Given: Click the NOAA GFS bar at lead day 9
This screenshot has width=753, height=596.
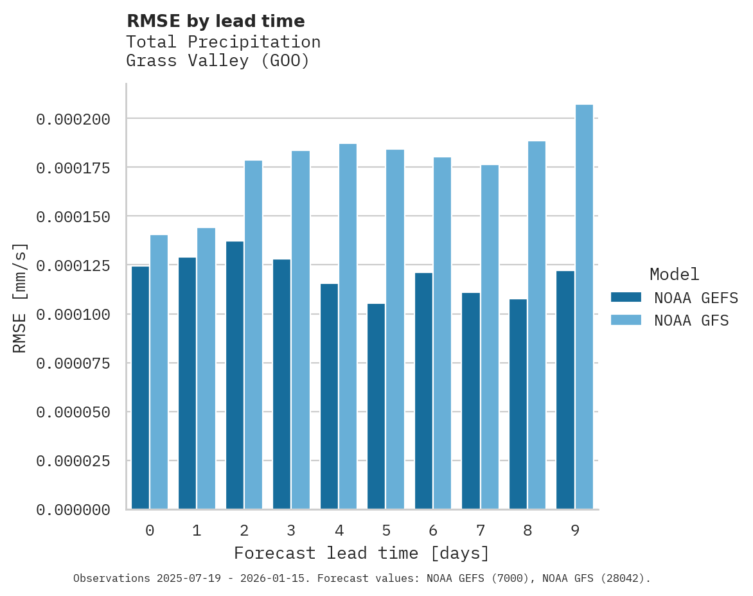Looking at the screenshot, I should coord(584,307).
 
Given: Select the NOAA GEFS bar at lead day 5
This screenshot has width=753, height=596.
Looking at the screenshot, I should coord(376,406).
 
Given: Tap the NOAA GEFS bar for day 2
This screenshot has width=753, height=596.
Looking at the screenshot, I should coord(235,375).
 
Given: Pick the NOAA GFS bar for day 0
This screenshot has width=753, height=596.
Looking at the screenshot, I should coord(159,372).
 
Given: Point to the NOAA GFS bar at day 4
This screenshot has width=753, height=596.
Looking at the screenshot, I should coord(348,326).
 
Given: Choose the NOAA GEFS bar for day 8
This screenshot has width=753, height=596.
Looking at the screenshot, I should coord(518,404).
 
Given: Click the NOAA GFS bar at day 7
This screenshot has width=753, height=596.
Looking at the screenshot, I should coord(490,337).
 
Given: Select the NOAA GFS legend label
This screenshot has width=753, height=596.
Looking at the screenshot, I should coord(691,320).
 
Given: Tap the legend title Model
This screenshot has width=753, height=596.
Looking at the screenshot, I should coord(674,275).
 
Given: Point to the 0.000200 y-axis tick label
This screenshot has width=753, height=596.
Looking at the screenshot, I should coord(73,119).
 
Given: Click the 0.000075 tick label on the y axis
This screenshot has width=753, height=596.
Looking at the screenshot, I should coord(73,364).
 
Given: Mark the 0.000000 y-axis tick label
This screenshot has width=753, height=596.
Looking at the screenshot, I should coord(73,510).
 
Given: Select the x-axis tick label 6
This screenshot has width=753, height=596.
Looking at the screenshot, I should coord(433,530).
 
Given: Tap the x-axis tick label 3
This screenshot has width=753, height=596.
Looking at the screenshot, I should coord(291,530).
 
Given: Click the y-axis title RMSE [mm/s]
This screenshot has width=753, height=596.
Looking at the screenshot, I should coord(20,297).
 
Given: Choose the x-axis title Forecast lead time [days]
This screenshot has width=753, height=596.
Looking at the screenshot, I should coord(362,553).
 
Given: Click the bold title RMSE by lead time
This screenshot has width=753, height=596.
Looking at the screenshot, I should coord(215,21).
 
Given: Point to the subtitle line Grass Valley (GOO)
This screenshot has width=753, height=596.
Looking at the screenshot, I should coord(218,61).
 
